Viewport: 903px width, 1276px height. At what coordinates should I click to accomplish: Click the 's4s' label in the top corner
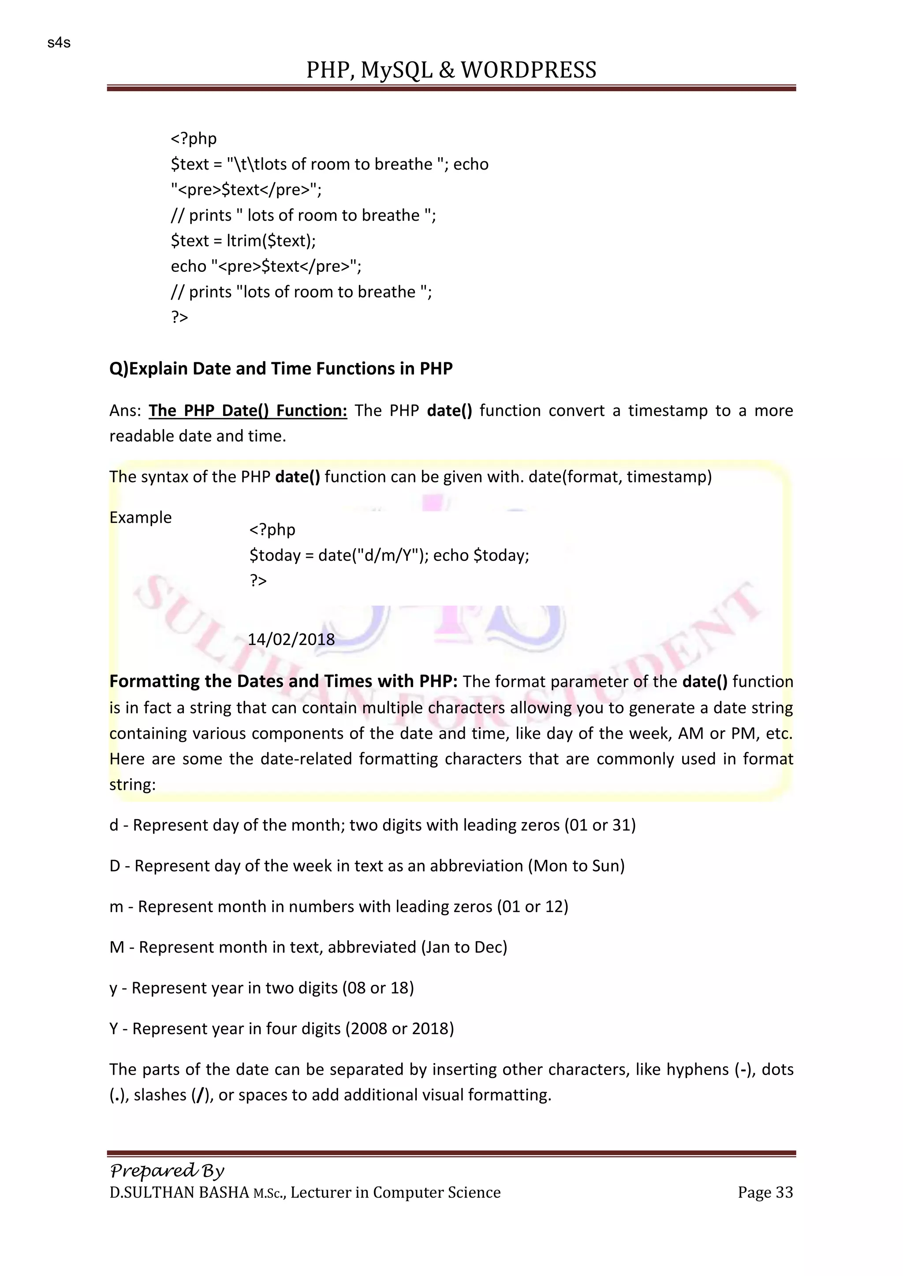coord(59,43)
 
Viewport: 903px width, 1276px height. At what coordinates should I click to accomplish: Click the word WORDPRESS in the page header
coord(528,70)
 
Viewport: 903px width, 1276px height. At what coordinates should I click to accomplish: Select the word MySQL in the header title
coord(396,70)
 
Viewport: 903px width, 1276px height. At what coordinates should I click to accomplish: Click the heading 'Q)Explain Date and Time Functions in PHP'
coord(281,368)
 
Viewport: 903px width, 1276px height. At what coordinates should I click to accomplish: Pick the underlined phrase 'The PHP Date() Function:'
coord(248,411)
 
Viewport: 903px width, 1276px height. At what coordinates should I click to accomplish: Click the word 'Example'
coord(141,517)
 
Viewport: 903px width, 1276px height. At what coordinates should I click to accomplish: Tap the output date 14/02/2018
coord(291,639)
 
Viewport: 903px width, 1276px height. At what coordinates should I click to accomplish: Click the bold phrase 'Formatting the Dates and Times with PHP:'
coord(284,681)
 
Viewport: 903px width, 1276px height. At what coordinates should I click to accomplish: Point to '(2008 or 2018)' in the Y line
coord(399,1029)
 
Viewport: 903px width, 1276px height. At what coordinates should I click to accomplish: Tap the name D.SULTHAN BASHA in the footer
coord(179,1193)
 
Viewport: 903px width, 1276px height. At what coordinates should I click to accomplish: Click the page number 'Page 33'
coord(765,1193)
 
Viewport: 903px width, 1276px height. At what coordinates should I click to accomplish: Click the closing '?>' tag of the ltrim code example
coord(179,317)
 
